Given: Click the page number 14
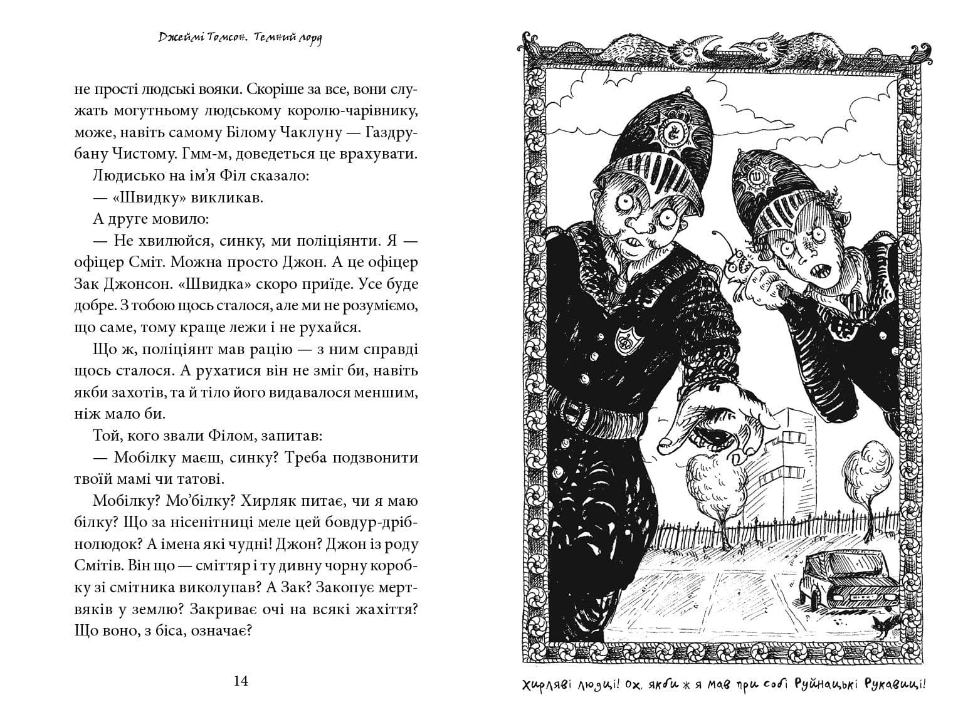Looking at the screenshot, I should click(241, 681).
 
